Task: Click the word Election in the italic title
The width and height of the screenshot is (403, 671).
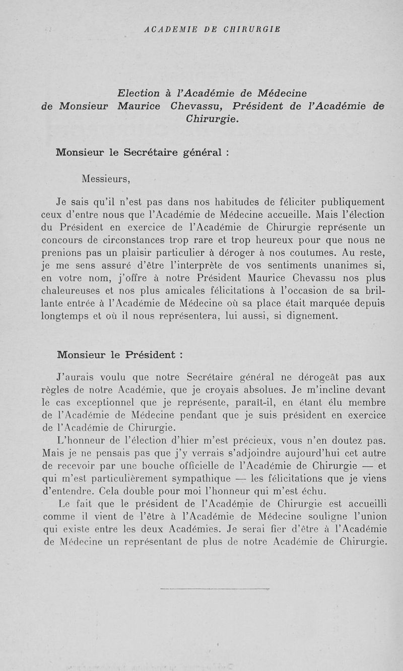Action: (138, 93)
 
